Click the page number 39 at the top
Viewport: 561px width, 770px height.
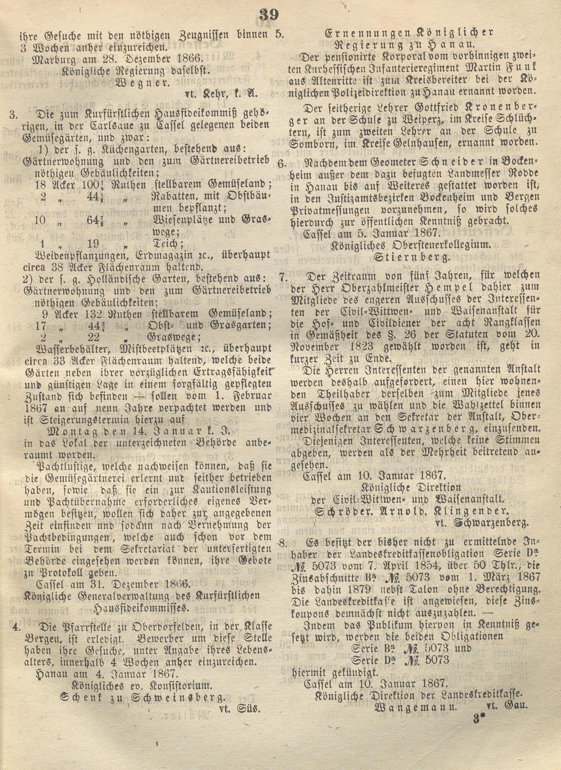[269, 15]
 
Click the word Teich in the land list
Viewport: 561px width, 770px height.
[166, 244]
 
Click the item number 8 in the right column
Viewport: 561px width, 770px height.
[284, 543]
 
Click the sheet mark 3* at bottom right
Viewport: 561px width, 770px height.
[478, 718]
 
